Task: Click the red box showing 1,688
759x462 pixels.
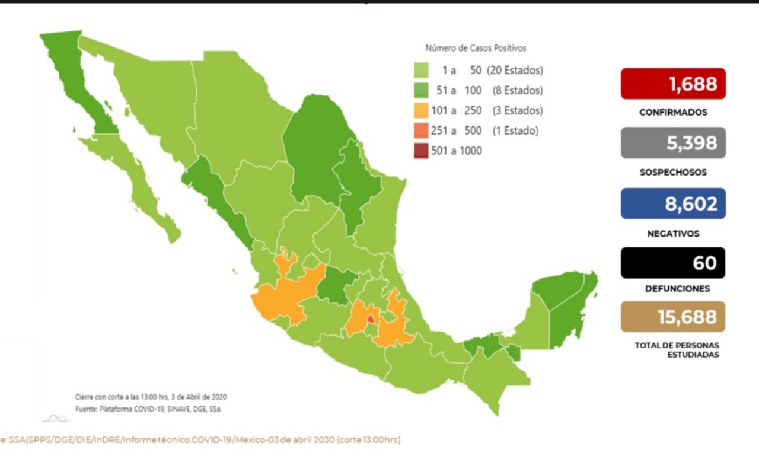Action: pyautogui.click(x=673, y=84)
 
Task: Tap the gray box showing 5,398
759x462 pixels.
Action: pyautogui.click(x=673, y=143)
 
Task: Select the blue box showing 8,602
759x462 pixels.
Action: pyautogui.click(x=673, y=203)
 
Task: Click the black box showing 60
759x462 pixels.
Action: pyautogui.click(x=673, y=263)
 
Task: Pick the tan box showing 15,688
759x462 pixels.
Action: pyautogui.click(x=673, y=317)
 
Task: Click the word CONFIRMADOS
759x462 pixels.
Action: pyautogui.click(x=673, y=112)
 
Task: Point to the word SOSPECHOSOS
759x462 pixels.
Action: pyautogui.click(x=673, y=173)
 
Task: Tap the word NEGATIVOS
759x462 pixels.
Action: pyautogui.click(x=673, y=234)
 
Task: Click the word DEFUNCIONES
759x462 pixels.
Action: pyautogui.click(x=673, y=289)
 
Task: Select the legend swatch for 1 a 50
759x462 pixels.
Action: pyautogui.click(x=421, y=71)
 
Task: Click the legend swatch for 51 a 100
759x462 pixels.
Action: pyautogui.click(x=421, y=91)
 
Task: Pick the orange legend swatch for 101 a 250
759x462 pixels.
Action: pyautogui.click(x=421, y=111)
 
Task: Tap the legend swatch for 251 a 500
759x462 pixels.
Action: pyautogui.click(x=421, y=131)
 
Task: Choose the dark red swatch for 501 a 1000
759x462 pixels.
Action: pyautogui.click(x=421, y=151)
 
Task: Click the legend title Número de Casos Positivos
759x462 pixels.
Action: pyautogui.click(x=476, y=48)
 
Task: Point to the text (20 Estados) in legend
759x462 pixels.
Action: pyautogui.click(x=515, y=71)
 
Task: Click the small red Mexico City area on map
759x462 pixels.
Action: pyautogui.click(x=371, y=320)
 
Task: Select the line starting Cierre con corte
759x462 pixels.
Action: pyautogui.click(x=151, y=397)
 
